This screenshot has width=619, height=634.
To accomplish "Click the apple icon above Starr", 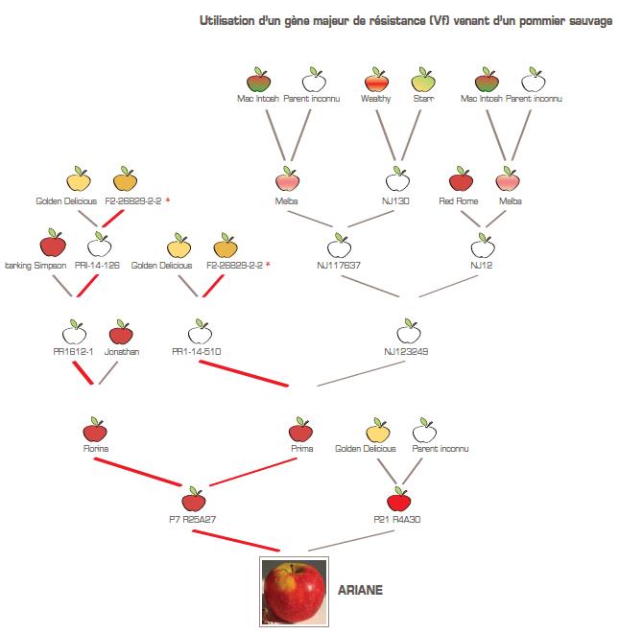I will pos(423,80).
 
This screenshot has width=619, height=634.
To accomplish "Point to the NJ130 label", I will pos(396,201).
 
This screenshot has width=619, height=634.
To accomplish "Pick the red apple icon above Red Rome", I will pos(461,180).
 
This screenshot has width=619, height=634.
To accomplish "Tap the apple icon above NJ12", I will pos(482,244).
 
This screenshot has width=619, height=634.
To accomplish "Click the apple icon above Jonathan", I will pos(120,333).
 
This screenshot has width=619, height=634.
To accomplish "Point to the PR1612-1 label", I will pos(74,352).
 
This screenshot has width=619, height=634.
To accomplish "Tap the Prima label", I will pos(301,448).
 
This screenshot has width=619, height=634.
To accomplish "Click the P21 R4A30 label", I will pos(399,519).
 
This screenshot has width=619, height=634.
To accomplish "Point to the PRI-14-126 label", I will pos(97,265).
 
